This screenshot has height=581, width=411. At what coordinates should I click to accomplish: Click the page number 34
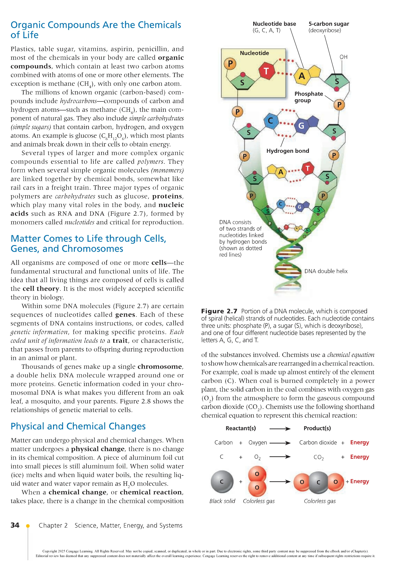pyautogui.click(x=15, y=525)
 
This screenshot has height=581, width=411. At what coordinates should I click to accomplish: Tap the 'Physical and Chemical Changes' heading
pyautogui.click(x=78, y=426)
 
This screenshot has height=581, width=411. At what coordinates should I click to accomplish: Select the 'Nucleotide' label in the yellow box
pyautogui.click(x=254, y=53)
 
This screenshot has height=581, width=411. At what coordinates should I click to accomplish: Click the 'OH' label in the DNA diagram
pyautogui.click(x=343, y=57)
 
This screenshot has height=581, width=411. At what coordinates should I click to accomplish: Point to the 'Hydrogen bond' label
pyautogui.click(x=288, y=151)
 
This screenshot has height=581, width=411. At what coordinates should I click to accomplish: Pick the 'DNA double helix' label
pyautogui.click(x=326, y=271)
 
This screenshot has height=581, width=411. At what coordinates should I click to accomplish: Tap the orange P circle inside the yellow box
pyautogui.click(x=230, y=64)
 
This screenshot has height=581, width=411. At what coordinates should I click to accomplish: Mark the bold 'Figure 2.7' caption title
pyautogui.click(x=219, y=311)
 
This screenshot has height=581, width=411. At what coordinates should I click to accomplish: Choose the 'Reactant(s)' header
pyautogui.click(x=241, y=428)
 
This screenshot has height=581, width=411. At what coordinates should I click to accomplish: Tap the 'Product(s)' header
pyautogui.click(x=317, y=428)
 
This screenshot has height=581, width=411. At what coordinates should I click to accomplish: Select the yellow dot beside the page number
pyautogui.click(x=28, y=526)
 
